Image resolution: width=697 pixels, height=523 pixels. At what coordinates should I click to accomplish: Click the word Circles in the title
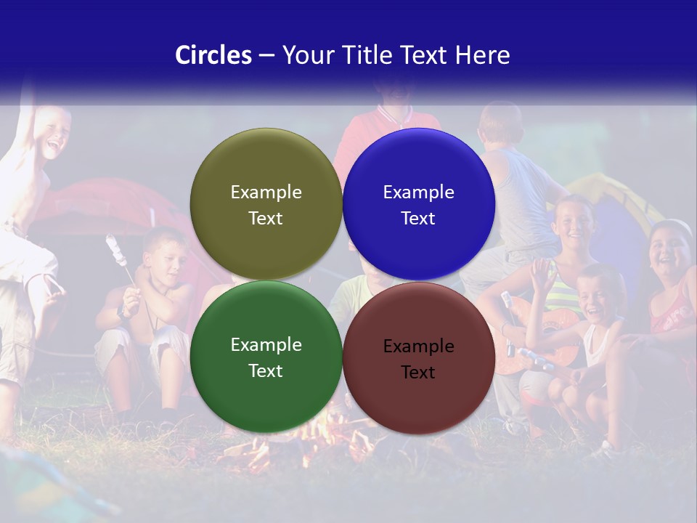[x=213, y=55]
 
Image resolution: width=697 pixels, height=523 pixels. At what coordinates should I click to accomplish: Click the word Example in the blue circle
[x=418, y=192]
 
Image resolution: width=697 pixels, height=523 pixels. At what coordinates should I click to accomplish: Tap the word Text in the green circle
[x=266, y=371]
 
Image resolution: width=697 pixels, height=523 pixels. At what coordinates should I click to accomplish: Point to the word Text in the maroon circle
[x=418, y=373]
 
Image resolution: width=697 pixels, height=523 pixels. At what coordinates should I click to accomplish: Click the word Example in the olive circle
[x=266, y=192]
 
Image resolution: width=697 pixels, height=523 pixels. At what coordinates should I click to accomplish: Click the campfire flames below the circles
[x=319, y=436]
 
